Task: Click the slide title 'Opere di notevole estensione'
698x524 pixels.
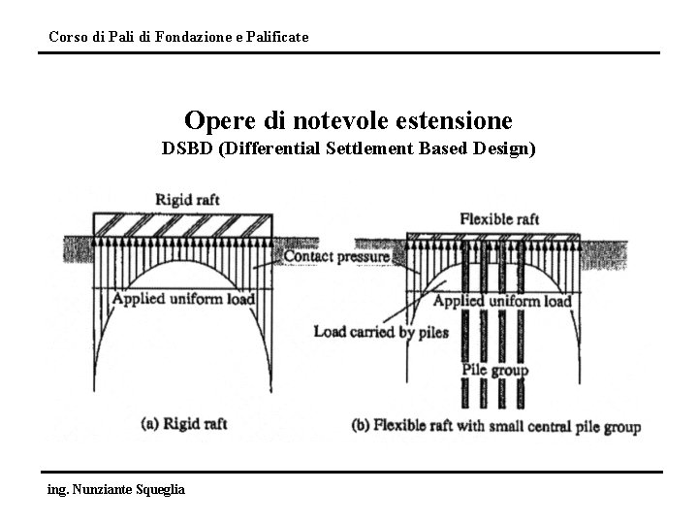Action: coord(348,121)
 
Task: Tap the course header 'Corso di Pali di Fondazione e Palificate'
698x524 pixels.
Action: coord(178,37)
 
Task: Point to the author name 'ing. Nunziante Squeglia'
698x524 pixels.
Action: coord(115,488)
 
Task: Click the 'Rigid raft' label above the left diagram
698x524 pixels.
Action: coord(187,200)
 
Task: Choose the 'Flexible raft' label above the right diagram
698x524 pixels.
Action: coord(499,219)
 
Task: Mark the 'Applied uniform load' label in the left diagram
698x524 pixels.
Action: coord(184,298)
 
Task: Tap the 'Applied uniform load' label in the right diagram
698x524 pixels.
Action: coord(502,302)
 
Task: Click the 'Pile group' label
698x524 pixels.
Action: coord(494,370)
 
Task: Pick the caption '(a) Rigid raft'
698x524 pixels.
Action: coord(185,424)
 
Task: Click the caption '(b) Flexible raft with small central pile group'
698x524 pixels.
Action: coord(494,426)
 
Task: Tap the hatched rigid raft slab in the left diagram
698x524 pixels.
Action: coord(183,222)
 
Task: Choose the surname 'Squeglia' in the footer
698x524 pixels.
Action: coord(156,488)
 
